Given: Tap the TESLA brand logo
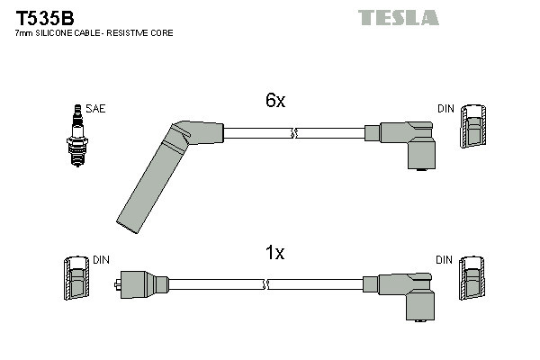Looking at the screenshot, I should (398, 17).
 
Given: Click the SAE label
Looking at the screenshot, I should (96, 109).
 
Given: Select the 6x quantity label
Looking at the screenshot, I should (274, 102).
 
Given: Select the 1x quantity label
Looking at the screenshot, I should (274, 254).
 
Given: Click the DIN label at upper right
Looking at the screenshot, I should (445, 109).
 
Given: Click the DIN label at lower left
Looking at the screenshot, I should (101, 260).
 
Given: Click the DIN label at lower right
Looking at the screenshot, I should (445, 260).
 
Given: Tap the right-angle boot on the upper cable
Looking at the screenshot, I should (408, 142).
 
